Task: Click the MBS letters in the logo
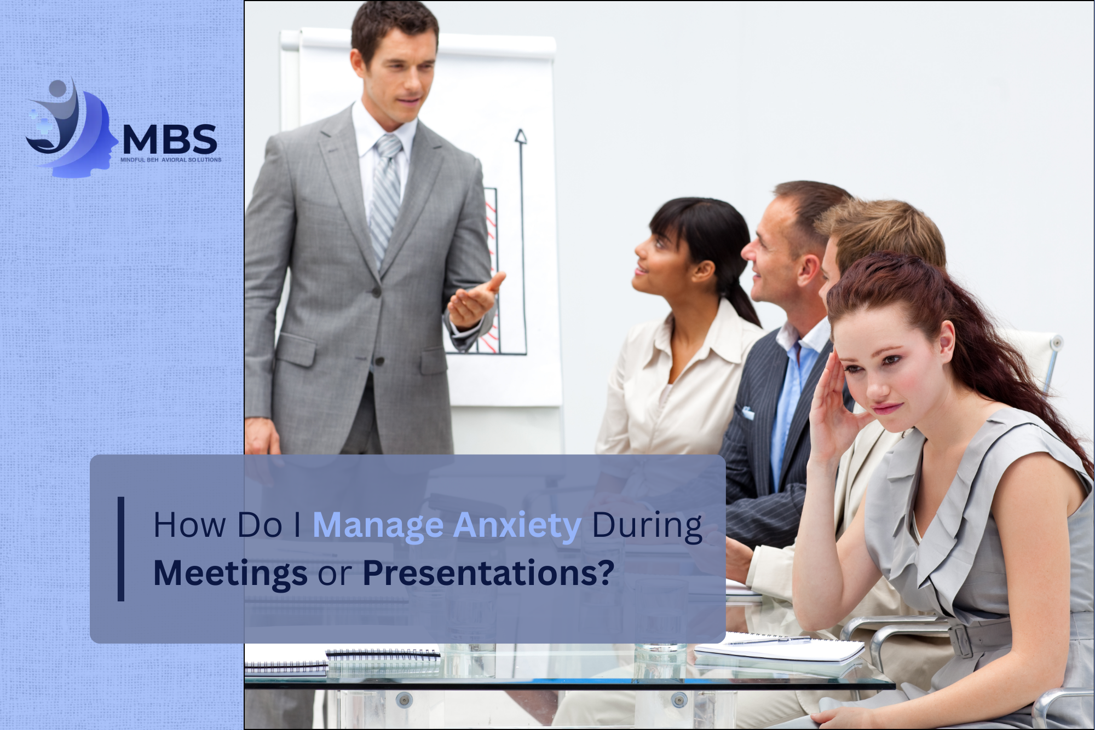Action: click(170, 139)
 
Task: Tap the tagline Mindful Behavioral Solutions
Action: click(171, 160)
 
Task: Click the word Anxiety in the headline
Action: click(517, 526)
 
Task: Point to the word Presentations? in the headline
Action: click(488, 572)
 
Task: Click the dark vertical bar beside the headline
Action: click(121, 549)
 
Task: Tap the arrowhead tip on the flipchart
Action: click(520, 131)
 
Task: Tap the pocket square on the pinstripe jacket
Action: click(748, 412)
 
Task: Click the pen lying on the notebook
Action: click(769, 640)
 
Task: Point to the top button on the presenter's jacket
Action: click(376, 294)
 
